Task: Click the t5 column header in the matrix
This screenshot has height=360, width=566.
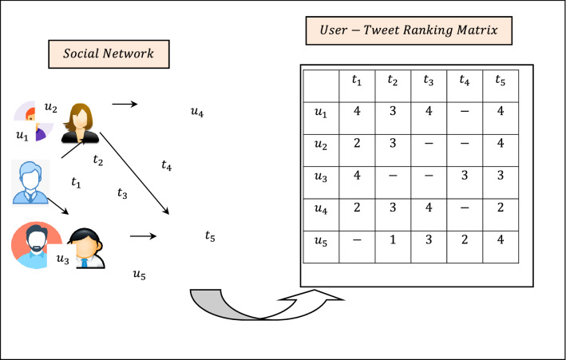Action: tap(500, 80)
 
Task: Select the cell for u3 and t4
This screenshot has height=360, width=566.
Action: tap(463, 177)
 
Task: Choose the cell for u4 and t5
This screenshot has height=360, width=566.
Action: tap(500, 212)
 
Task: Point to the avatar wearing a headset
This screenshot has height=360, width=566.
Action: tap(85, 246)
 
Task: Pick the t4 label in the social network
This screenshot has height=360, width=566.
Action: tap(166, 166)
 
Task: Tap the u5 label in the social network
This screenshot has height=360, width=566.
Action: tap(140, 276)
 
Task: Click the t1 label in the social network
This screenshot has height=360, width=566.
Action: tap(77, 183)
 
